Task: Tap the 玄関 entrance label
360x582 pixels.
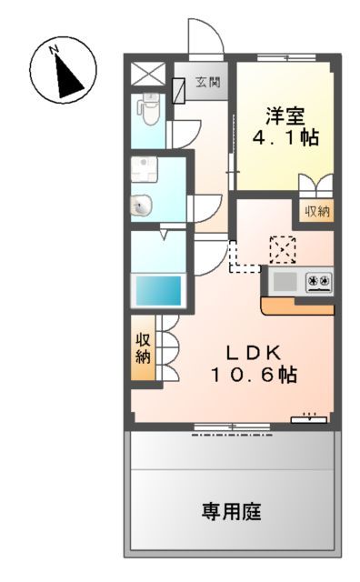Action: [206, 83]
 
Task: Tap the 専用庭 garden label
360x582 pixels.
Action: [232, 512]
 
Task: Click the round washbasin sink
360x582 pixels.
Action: [142, 206]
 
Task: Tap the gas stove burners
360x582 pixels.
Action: [319, 281]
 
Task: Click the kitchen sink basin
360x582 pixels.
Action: [285, 281]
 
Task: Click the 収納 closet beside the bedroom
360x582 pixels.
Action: [316, 212]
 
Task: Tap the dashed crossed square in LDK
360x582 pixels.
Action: [283, 247]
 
